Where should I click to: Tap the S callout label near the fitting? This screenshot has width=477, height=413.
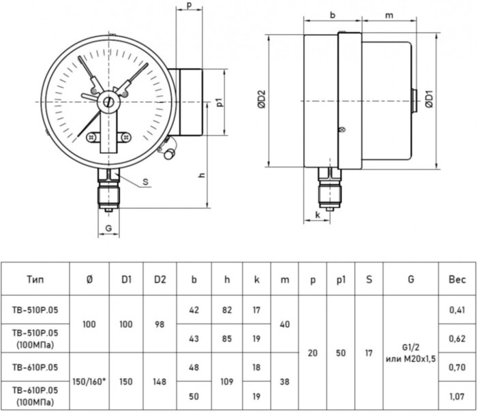pyautogui.click(x=147, y=182)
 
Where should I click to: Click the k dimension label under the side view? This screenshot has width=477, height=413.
pyautogui.click(x=318, y=217)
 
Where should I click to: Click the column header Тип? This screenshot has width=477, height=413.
pyautogui.click(x=36, y=279)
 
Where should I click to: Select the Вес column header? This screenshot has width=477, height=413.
pyautogui.click(x=457, y=279)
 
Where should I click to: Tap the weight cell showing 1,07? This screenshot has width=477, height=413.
pyautogui.click(x=457, y=395)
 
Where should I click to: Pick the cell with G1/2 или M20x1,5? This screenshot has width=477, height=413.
pyautogui.click(x=414, y=352)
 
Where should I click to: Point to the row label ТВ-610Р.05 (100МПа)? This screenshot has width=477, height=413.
pyautogui.click(x=36, y=395)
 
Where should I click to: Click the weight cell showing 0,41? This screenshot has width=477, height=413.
pyautogui.click(x=457, y=309)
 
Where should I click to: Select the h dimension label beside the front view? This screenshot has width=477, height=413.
pyautogui.click(x=202, y=175)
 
